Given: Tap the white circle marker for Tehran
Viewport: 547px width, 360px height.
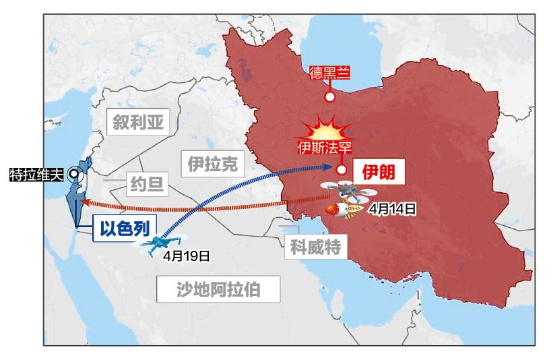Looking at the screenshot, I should point(330,96).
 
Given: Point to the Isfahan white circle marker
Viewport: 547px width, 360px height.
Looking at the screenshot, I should point(342,170).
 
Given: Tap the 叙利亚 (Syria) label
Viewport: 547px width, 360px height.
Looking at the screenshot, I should point(138,123).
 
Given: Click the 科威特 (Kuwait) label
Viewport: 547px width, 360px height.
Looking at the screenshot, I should point(315,247).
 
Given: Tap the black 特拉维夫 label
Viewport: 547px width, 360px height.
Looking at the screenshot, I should point(36,175).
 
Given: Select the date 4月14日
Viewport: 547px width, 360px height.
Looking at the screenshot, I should point(391,208).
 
